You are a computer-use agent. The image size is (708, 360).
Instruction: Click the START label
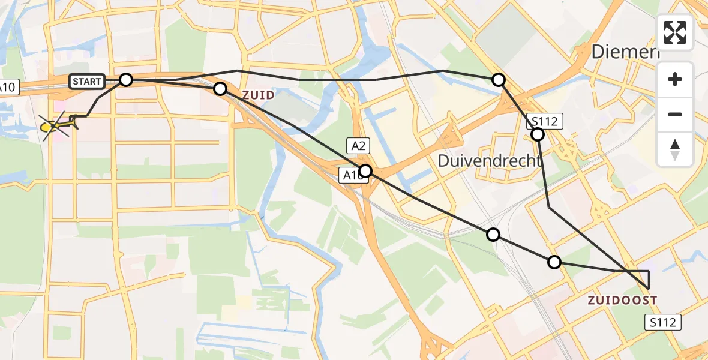point(88,81)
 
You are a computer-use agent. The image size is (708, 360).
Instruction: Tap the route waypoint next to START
point(126,79)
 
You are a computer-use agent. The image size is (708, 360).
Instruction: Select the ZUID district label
point(259,95)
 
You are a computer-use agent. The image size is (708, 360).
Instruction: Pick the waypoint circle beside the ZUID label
point(220,89)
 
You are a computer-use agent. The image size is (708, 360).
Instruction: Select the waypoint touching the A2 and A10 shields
point(365,171)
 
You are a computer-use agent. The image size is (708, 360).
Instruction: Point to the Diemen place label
point(625,52)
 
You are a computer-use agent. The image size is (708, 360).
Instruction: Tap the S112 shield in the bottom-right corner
point(664,322)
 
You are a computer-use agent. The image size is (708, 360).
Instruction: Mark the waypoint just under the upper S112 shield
point(538,134)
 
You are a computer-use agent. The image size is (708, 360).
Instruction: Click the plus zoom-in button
point(675,79)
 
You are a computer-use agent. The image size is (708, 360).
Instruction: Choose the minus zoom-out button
point(675,114)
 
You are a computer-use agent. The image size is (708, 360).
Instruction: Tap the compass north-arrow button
point(675,148)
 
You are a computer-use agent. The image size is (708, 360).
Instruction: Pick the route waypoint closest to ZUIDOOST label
point(554,262)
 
